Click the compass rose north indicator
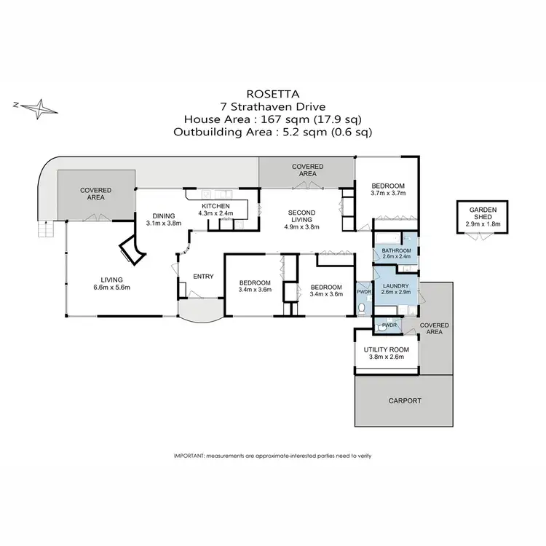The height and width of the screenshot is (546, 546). [x=41, y=108]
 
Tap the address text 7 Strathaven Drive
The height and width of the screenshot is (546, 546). [x=272, y=106]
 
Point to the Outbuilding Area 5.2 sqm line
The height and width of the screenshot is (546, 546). [x=272, y=132]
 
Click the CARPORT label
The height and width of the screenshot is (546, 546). [x=404, y=400]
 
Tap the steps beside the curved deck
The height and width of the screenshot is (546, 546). [x=45, y=229]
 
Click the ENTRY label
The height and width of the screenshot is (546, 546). [x=203, y=276]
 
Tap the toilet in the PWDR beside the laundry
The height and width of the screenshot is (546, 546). [x=362, y=309]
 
